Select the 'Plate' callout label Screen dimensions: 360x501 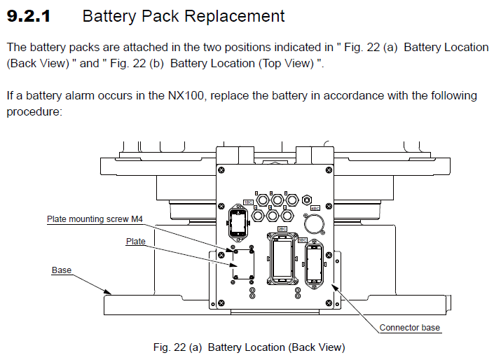[135, 242]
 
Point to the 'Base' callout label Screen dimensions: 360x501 [61, 270]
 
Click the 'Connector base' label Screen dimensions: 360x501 [410, 327]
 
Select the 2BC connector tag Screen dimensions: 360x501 [282, 228]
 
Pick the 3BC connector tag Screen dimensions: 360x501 [303, 240]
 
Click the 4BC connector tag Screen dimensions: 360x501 [315, 208]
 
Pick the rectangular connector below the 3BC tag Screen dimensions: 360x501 [313, 265]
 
